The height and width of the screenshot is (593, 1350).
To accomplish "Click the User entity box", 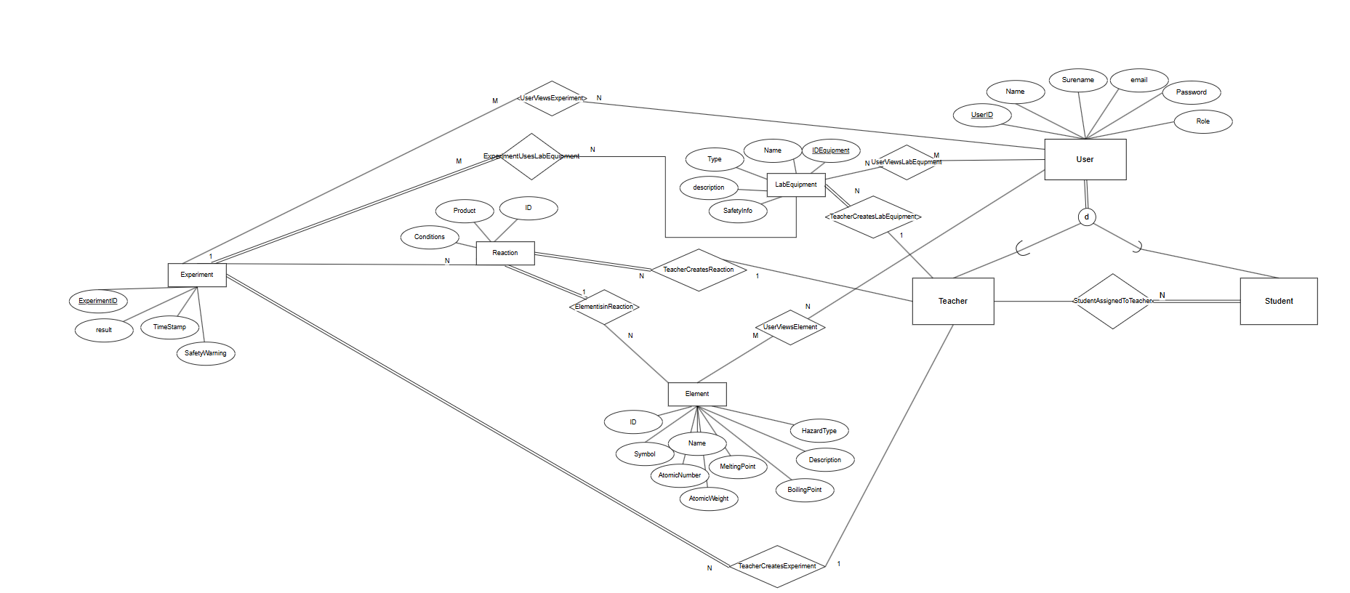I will click(x=1085, y=159).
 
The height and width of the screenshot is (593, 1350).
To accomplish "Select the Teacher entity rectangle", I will click(x=952, y=301).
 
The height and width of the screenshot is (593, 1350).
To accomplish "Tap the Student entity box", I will click(x=1278, y=301).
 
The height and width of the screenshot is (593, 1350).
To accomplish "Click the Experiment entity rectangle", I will click(x=197, y=275).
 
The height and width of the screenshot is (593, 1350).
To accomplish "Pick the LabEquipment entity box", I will click(x=796, y=185).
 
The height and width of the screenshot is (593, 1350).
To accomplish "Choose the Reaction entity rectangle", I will click(x=505, y=253).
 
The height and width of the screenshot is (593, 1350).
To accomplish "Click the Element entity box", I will click(x=696, y=394).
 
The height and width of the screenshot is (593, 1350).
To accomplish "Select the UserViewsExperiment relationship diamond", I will click(x=552, y=98).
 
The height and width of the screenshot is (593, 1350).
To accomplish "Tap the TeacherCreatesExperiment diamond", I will click(x=777, y=566).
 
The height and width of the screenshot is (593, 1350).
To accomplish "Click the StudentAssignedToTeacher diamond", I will click(x=1112, y=301).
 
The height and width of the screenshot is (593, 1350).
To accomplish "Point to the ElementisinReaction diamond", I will click(x=604, y=307).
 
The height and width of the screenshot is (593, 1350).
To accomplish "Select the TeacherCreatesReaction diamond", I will click(x=698, y=270).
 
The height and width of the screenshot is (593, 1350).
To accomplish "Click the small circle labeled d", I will click(x=1086, y=217).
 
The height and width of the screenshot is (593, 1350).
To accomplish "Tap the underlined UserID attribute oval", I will click(x=981, y=115).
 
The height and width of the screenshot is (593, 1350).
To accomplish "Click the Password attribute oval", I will click(x=1191, y=92).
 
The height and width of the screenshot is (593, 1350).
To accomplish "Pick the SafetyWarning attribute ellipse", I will click(x=206, y=353).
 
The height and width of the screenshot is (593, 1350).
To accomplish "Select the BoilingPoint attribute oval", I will click(x=804, y=490).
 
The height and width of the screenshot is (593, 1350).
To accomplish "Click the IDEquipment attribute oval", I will click(x=830, y=150).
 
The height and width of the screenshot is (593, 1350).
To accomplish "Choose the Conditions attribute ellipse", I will click(x=430, y=237).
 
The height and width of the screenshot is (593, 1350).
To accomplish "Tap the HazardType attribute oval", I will click(x=819, y=431).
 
